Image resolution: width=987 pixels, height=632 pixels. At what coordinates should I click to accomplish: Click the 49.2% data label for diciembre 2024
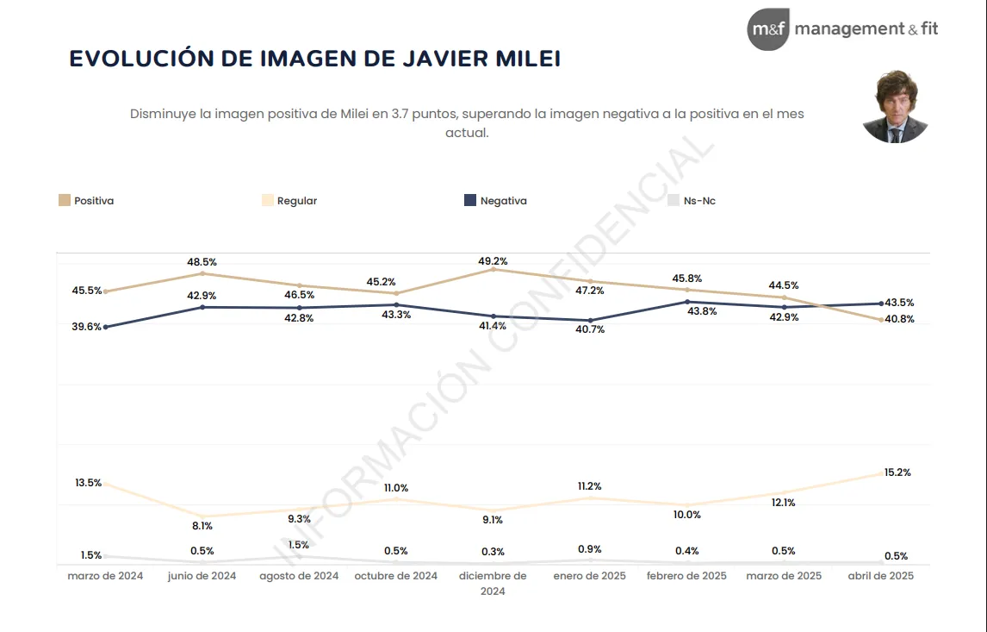click(493, 260)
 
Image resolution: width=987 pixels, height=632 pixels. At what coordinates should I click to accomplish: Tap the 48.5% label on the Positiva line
click(202, 261)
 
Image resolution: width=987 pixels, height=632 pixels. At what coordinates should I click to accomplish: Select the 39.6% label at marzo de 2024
click(86, 327)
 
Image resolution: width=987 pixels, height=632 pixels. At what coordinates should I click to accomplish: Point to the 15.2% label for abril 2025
click(897, 472)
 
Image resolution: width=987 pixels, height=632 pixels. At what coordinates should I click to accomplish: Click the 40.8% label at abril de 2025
click(900, 319)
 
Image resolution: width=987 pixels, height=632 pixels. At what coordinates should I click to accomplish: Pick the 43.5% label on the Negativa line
click(900, 303)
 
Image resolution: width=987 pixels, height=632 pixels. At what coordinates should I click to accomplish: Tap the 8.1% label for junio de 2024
click(202, 525)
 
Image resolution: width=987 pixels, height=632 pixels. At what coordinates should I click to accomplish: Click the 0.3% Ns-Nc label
click(493, 552)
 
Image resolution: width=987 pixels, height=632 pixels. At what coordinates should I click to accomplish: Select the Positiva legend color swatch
click(65, 201)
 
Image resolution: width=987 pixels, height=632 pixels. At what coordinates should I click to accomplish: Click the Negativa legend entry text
click(503, 201)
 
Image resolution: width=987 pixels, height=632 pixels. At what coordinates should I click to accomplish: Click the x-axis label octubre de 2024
click(396, 576)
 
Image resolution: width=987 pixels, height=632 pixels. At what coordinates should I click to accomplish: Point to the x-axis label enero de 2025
click(590, 576)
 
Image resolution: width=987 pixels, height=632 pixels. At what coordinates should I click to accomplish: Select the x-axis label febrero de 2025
click(686, 576)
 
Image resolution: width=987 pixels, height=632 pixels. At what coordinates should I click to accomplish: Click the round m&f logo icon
click(767, 29)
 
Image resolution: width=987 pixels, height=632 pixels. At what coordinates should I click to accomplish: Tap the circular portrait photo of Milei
click(895, 107)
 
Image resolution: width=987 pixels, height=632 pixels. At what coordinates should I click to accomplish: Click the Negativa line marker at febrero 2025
click(686, 302)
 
